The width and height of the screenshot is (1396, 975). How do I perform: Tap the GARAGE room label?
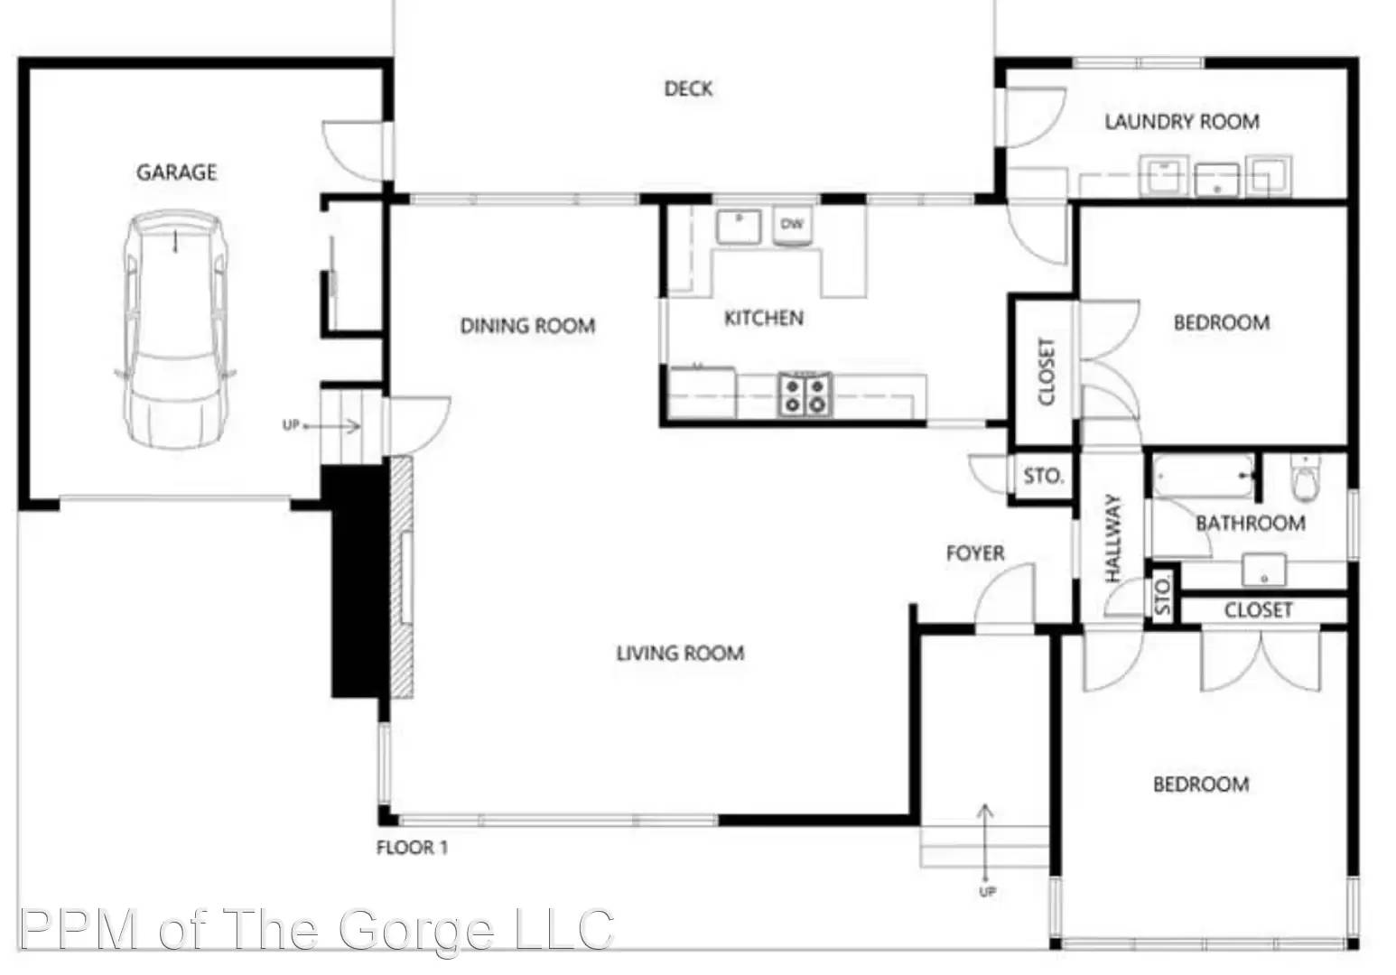[x=176, y=172]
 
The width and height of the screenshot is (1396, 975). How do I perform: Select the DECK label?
[x=688, y=88]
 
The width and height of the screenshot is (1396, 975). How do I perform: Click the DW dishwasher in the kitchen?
[x=792, y=224]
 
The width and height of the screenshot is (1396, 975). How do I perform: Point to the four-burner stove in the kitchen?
[x=804, y=395]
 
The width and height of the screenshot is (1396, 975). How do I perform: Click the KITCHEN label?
[x=763, y=318]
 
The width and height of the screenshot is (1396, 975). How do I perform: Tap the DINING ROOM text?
[x=527, y=325]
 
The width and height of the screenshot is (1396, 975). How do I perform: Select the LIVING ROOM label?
[x=680, y=653]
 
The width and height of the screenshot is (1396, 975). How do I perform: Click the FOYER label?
[x=974, y=552]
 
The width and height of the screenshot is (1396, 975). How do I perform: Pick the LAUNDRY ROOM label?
[x=1181, y=121]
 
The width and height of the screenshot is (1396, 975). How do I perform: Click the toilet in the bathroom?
[x=1305, y=479]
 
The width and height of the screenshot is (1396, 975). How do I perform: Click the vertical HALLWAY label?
[x=1112, y=538]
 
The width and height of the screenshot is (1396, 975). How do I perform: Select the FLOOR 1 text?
[x=412, y=848]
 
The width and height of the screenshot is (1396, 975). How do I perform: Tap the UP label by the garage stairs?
[x=290, y=425]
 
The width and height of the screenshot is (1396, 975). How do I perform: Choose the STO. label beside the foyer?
[x=1043, y=476]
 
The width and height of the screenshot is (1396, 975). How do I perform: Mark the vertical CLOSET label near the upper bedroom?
[x=1046, y=372]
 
